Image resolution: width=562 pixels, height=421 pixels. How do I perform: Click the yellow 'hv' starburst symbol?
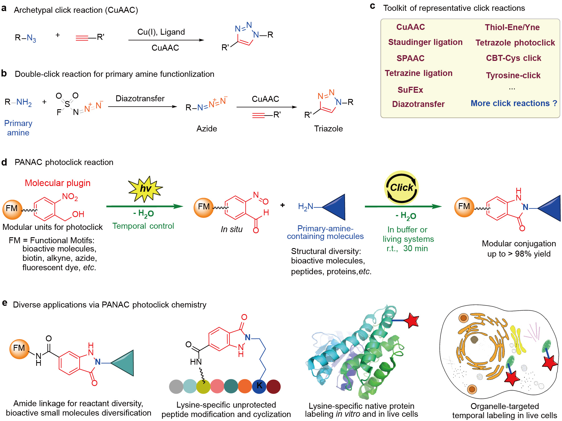point(145,188)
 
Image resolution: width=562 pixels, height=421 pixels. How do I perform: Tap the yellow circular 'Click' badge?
point(401,188)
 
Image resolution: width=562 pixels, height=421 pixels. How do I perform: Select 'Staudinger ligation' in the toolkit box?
point(425,42)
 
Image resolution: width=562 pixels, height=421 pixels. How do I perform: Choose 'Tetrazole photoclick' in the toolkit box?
point(515,43)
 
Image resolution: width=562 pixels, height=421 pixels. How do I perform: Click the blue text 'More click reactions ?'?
point(514,103)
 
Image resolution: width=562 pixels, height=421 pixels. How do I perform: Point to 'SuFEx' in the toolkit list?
point(410,90)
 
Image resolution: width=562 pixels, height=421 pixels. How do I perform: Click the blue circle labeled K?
point(259,386)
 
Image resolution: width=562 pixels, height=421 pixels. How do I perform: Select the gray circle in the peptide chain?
point(176,387)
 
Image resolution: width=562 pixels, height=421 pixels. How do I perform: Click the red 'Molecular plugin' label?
point(57,183)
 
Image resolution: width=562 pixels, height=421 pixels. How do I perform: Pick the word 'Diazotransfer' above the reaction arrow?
point(140,98)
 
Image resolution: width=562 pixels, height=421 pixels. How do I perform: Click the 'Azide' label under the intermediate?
point(206,129)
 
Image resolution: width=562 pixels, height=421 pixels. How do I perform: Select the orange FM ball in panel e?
point(19,348)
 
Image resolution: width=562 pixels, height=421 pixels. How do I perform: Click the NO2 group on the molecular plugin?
point(70,197)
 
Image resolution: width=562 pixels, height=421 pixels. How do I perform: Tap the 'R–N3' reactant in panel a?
point(25,38)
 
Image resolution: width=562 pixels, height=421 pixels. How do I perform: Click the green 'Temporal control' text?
point(143,226)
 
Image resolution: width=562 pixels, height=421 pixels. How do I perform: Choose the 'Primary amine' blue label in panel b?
point(18,128)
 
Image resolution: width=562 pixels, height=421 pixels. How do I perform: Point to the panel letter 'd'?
point(4,162)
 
